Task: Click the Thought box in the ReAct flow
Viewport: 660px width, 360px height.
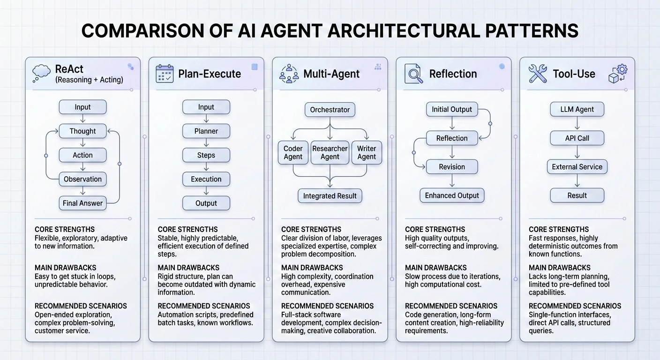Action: point(82,131)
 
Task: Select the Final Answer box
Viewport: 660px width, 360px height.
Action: point(82,203)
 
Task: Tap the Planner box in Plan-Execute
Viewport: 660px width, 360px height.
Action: point(206,131)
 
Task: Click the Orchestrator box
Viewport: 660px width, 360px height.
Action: point(330,110)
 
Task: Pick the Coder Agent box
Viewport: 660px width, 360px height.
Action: point(293,152)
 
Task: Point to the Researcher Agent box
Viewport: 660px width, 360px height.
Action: point(330,152)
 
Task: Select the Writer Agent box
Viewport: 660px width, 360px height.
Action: point(367,152)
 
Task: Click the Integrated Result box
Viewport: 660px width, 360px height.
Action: point(330,196)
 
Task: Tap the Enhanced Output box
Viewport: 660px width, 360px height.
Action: point(452,195)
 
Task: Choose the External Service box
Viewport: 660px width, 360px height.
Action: point(577,167)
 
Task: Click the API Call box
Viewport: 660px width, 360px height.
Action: point(577,138)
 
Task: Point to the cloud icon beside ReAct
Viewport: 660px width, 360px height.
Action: point(41,73)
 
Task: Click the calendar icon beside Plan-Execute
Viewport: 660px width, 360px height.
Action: point(165,74)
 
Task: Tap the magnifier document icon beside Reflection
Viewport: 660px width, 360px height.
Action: point(412,74)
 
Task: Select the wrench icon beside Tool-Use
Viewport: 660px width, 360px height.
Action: point(537,74)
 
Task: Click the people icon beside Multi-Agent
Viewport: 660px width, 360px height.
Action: point(289,74)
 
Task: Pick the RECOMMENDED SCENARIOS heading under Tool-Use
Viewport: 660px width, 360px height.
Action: point(575,306)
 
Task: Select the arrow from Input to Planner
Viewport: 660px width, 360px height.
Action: point(206,119)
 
